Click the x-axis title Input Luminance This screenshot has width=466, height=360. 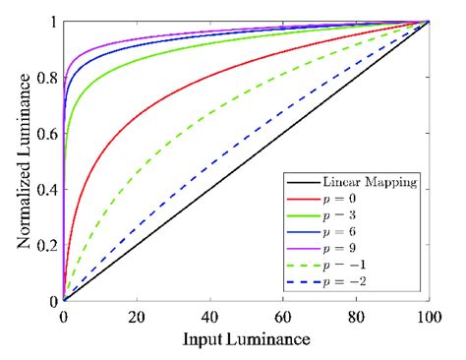pos(246,340)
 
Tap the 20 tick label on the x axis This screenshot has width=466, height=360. pos(137,317)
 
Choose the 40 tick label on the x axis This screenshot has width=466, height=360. pos(209,317)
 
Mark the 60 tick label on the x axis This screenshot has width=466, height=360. pos(283,317)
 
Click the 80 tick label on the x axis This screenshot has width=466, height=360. pos(356,317)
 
